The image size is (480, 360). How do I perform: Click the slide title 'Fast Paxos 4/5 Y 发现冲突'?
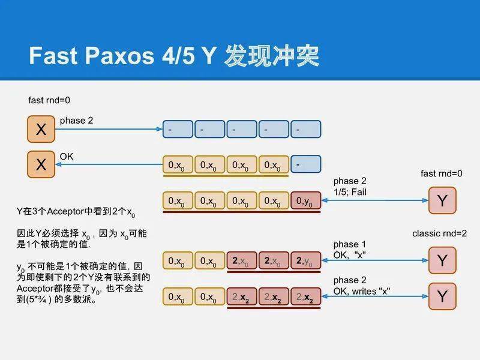[173, 55]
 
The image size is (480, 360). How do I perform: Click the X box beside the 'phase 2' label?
[41, 130]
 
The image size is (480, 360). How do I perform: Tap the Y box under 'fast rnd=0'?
[442, 200]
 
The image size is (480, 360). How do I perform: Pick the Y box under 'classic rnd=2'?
[442, 260]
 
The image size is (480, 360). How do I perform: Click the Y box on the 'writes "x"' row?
[442, 296]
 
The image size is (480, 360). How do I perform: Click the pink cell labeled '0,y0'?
[305, 201]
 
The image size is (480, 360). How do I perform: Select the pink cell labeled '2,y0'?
[305, 261]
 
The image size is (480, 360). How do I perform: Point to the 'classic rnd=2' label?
[439, 233]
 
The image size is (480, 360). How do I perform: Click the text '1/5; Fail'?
[350, 192]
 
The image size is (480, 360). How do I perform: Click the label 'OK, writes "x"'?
[362, 291]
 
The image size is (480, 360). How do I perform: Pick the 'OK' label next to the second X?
[67, 157]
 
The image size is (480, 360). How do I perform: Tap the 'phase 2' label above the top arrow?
[76, 121]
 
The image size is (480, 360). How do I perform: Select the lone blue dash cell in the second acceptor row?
[305, 164]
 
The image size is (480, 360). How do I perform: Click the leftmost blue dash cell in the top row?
[178, 129]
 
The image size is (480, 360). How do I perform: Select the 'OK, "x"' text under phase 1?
[350, 255]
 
